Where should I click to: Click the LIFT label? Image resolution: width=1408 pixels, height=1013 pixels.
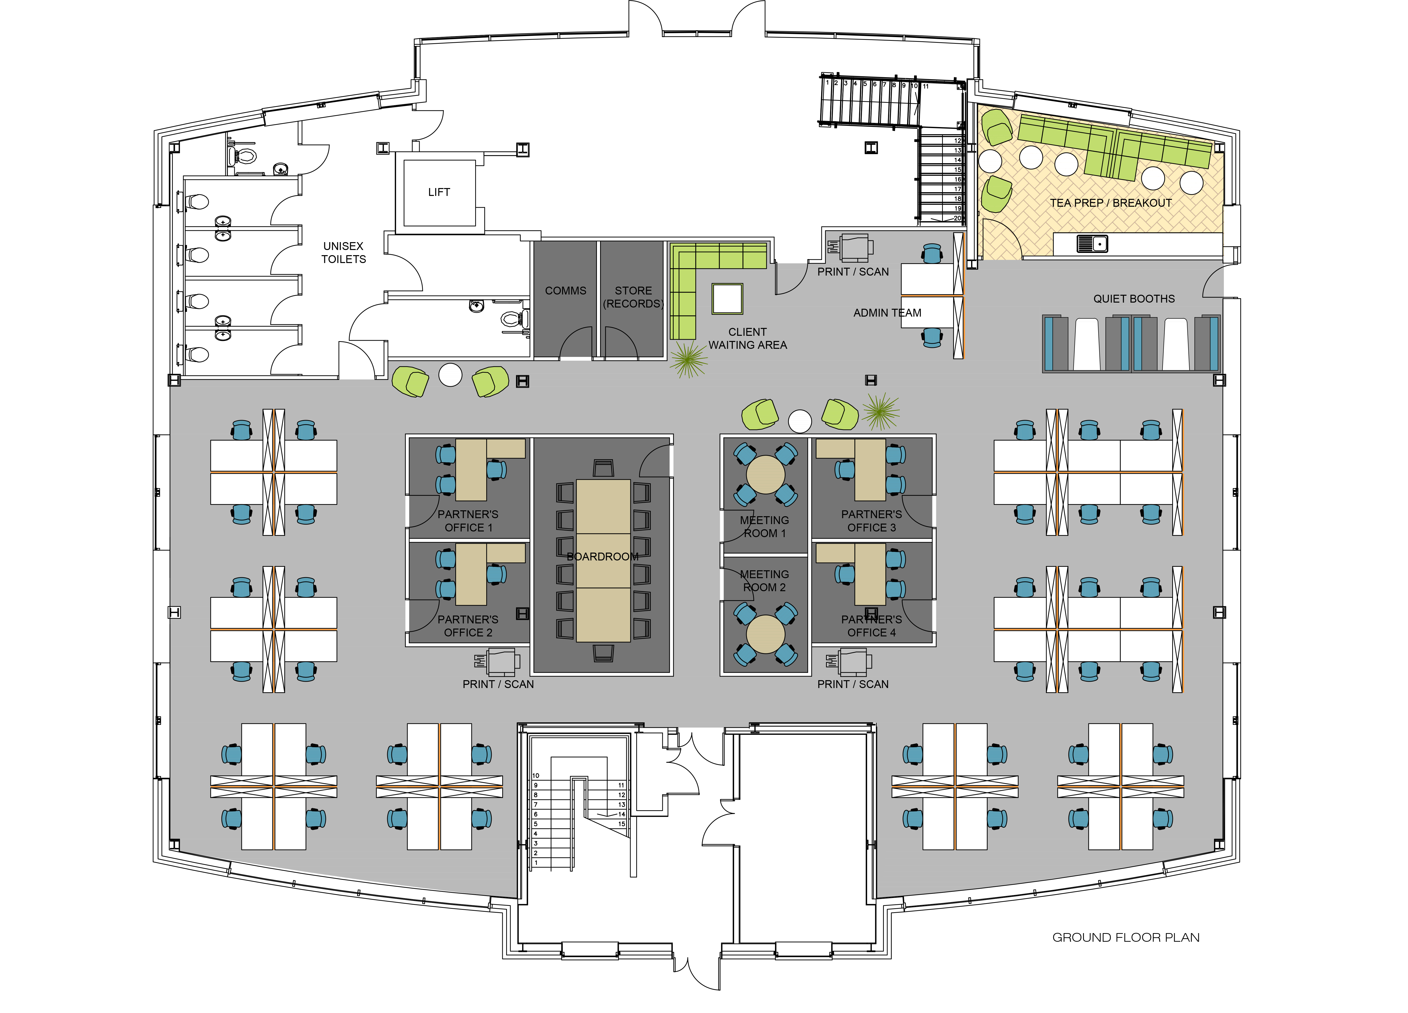(x=439, y=192)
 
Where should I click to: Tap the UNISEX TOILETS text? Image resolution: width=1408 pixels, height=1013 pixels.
(x=343, y=253)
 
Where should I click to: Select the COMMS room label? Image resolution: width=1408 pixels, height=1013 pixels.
(x=565, y=291)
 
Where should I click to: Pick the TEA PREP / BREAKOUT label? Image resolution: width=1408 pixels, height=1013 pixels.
(x=1111, y=203)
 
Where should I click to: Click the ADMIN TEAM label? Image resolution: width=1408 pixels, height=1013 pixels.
(x=887, y=313)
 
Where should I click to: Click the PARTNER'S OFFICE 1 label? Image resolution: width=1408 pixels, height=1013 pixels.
(x=468, y=521)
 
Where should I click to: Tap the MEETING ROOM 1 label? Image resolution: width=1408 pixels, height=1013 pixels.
(x=764, y=526)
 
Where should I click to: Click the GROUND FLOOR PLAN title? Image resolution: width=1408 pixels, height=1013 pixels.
(x=1126, y=937)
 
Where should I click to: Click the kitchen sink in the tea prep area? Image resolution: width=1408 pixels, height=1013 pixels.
(x=1092, y=244)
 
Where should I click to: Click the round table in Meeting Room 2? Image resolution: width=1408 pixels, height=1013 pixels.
(x=765, y=634)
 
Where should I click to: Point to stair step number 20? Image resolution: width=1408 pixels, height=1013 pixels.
(x=957, y=218)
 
